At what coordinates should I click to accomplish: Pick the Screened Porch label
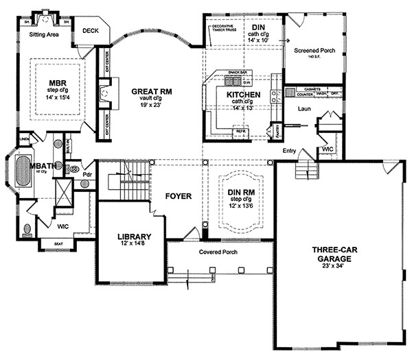coord(314,51)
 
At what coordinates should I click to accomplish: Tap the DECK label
coord(90,31)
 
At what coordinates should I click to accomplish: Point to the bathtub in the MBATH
coord(23,171)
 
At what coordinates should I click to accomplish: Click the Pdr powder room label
coord(87,174)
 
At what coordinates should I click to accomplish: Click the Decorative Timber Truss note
coord(225,28)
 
